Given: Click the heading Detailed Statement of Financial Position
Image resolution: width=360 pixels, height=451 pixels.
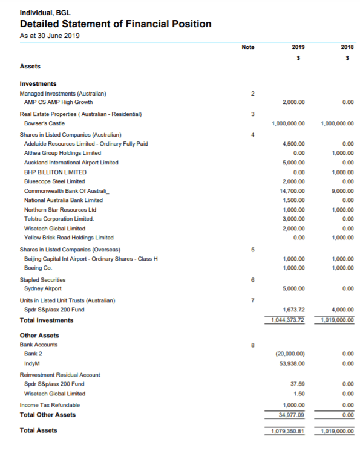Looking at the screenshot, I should tap(116, 24).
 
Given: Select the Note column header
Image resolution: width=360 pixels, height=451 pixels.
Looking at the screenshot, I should tap(247, 47).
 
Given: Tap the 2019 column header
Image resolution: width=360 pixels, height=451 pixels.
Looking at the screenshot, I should tap(298, 47).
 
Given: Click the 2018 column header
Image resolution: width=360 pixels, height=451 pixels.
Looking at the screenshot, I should tap(347, 47).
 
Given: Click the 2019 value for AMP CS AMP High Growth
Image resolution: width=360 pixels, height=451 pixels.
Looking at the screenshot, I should tap(293, 103).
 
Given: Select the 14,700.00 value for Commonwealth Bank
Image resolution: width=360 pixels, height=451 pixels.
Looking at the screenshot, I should tap(292, 190).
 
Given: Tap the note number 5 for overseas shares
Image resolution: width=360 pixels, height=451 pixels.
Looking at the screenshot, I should tap(254, 250).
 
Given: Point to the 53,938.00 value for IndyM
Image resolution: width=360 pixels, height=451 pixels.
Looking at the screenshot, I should tap(292, 363).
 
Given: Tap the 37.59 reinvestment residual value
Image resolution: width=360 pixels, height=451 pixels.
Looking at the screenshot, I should tap(296, 384).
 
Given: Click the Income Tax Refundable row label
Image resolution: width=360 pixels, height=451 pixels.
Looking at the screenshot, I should tap(50, 405).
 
